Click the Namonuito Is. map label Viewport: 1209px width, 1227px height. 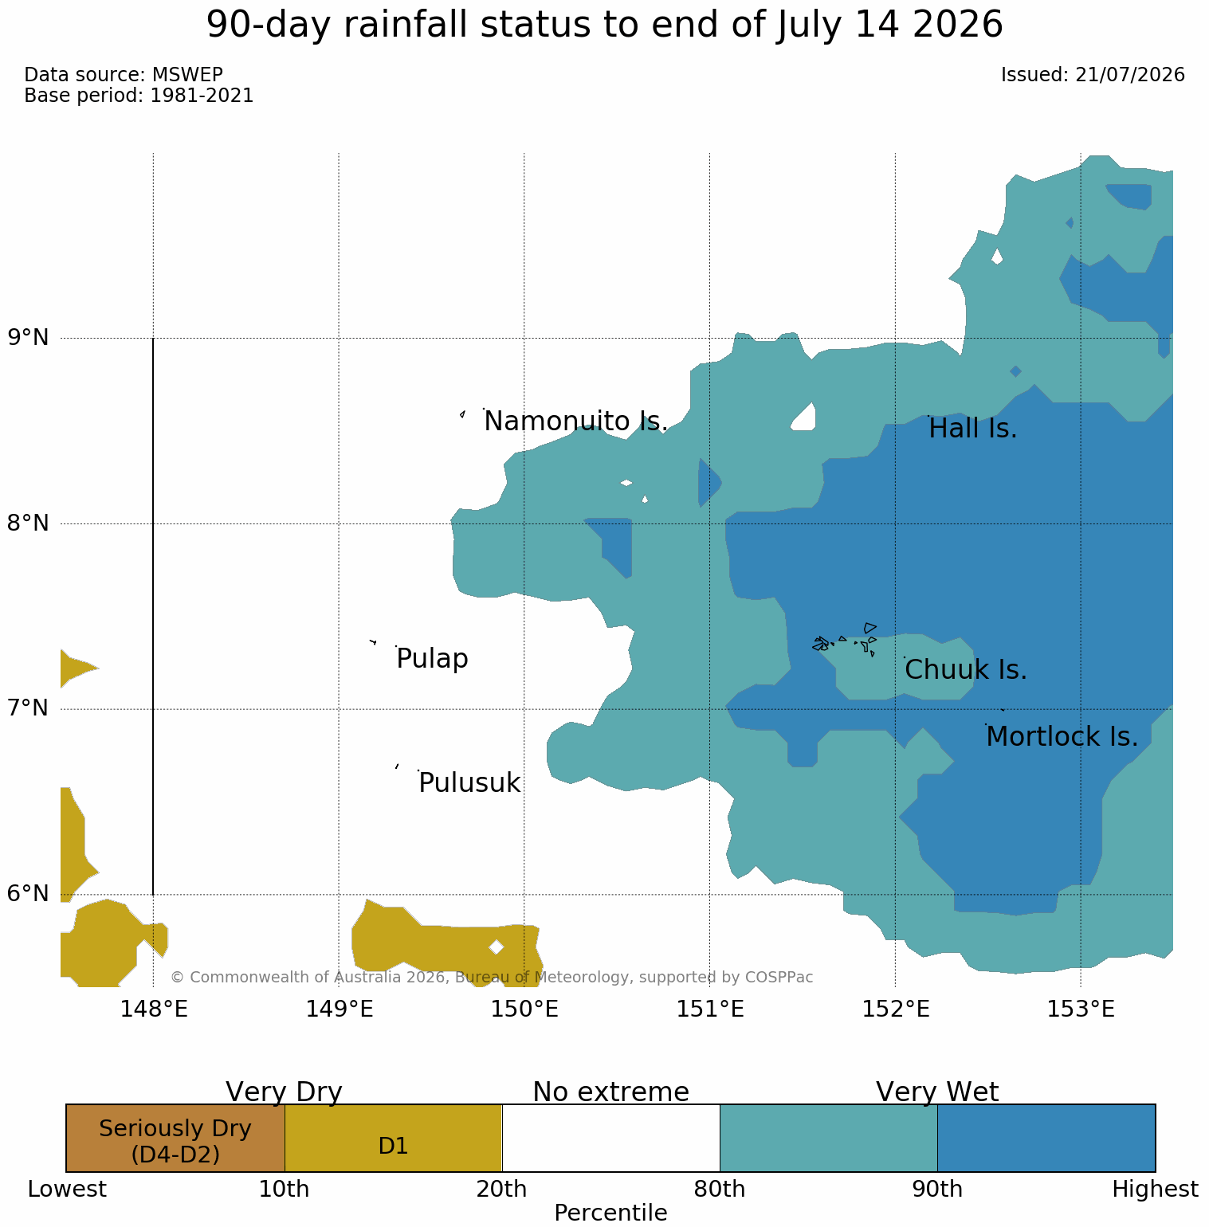[575, 421]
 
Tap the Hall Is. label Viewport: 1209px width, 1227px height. [973, 429]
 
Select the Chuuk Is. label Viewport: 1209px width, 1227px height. [966, 670]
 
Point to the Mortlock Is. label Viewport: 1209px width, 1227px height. [1062, 737]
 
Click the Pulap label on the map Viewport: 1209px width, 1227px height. [432, 660]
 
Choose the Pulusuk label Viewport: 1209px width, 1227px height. [469, 783]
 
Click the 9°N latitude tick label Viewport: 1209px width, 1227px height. [29, 338]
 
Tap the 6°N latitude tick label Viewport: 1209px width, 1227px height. [29, 894]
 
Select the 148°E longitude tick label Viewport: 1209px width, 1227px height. [154, 1009]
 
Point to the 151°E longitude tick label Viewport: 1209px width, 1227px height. [710, 1009]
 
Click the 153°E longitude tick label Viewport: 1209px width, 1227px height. [1081, 1009]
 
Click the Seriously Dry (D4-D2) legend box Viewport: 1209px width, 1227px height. [175, 1138]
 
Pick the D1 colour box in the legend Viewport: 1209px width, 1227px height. [393, 1138]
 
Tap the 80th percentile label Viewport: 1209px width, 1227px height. [720, 1190]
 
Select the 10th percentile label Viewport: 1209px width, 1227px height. [285, 1190]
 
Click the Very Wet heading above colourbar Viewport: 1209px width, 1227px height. [937, 1092]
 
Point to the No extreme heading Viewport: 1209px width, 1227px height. [610, 1092]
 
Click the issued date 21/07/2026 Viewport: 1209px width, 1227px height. [1130, 75]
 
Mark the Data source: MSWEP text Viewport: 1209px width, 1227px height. [124, 75]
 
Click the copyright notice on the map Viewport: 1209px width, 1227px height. [492, 977]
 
